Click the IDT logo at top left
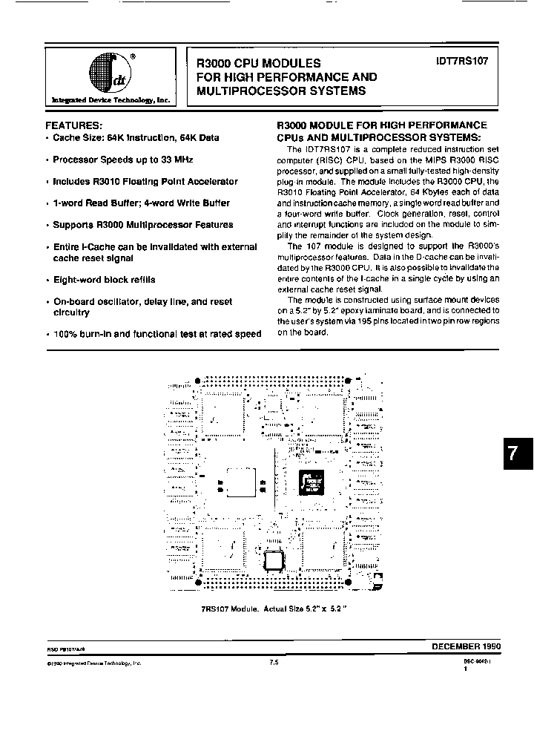click(111, 73)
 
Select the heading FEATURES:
click(74, 125)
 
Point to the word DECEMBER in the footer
click(455, 647)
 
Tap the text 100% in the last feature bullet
click(66, 335)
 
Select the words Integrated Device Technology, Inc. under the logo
click(111, 100)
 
